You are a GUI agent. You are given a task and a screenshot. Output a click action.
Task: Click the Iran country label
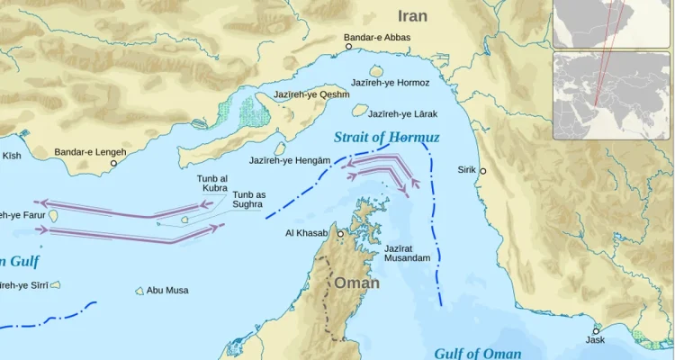412,16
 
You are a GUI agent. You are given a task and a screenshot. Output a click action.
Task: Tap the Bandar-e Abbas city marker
348,48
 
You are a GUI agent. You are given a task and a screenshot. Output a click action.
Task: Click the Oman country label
357,283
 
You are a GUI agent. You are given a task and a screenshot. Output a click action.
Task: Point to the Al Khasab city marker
340,233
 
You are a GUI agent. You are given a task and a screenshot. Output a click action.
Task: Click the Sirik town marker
482,171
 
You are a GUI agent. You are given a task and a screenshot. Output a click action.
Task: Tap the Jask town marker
596,330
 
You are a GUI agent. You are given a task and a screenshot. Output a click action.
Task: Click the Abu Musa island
139,291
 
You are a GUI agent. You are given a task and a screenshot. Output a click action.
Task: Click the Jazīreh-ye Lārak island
360,110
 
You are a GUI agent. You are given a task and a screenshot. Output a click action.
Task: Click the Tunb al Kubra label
212,184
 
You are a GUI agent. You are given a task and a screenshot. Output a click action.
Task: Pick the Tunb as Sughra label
248,200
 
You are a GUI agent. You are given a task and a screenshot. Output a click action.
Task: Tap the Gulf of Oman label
476,353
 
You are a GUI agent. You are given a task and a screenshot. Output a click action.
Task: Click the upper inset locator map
611,23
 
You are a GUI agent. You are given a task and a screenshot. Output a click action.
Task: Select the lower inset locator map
611,94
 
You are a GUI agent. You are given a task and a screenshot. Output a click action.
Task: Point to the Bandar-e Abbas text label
377,38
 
